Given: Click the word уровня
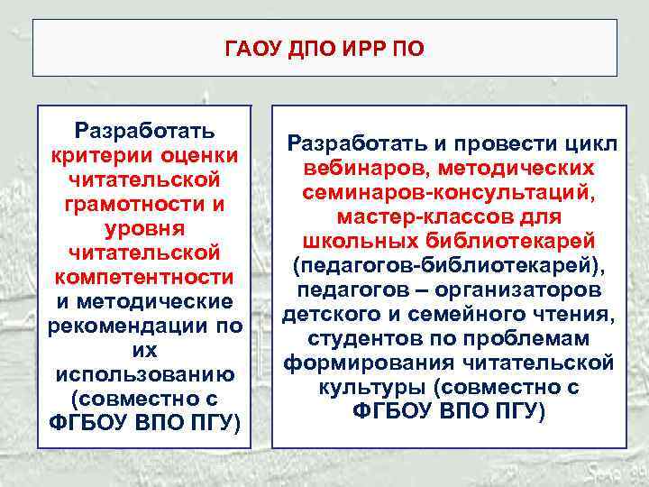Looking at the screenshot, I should coord(144,228).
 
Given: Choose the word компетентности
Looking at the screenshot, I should coord(144,276).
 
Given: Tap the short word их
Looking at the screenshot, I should coord(144,349).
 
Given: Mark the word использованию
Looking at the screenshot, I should coord(144,373).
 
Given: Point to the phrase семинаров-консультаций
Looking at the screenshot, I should coord(449,193).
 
